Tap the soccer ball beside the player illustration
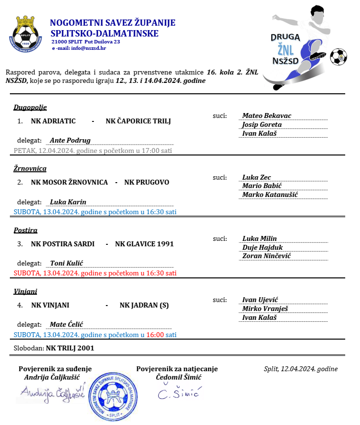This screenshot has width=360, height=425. [x=338, y=57]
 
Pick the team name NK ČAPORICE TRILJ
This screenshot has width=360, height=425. [x=138, y=121]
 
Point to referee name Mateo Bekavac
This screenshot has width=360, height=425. [x=267, y=116]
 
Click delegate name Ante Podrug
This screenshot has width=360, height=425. [x=70, y=140]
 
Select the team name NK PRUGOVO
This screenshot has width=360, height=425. [x=146, y=182]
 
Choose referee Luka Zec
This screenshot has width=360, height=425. [x=256, y=177]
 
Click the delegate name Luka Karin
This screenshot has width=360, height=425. [x=68, y=202]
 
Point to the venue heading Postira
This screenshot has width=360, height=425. [x=26, y=230]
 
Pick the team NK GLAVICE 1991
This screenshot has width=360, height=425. [x=144, y=243]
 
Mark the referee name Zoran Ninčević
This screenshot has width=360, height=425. [x=266, y=256]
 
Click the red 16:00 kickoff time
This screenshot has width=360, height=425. [x=155, y=335]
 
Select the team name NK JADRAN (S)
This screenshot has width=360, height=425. [x=144, y=305]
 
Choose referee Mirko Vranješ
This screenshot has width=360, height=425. [x=265, y=309]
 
